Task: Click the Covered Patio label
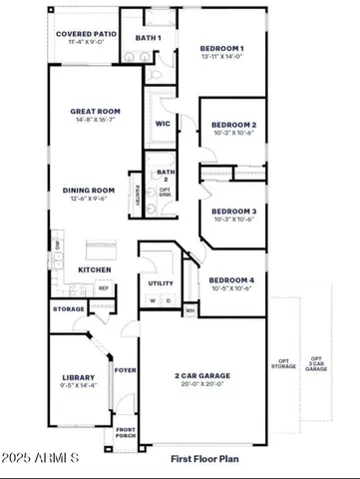point(86,34)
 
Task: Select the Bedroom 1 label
point(220,49)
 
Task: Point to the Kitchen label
point(93,269)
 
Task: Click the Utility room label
point(161,283)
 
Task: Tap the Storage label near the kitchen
point(69,309)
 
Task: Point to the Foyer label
point(125,369)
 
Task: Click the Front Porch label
point(125,432)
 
